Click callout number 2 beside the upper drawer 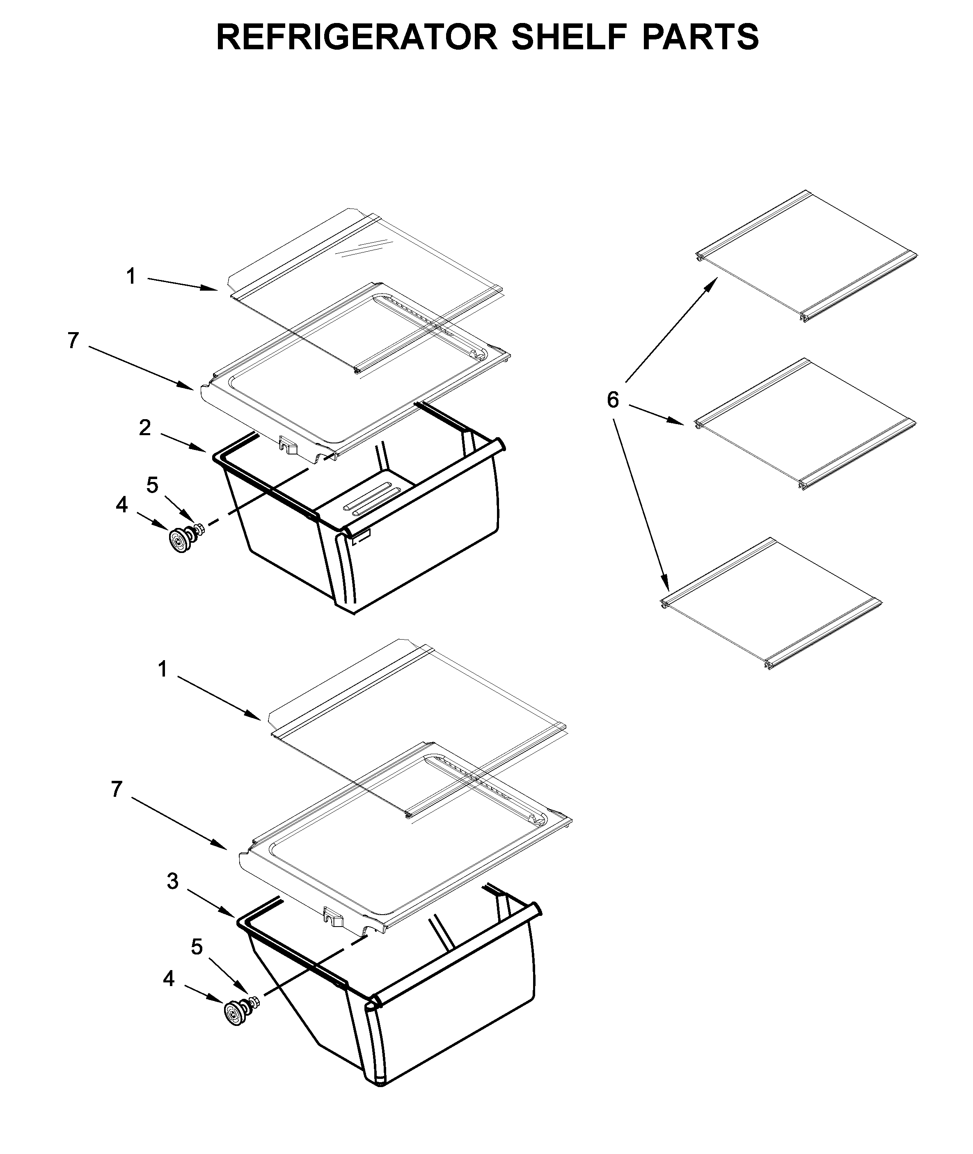tap(144, 428)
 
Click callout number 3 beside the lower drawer tap(173, 881)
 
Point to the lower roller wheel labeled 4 tap(236, 1014)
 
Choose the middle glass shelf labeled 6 tap(805, 425)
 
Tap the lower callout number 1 tap(162, 670)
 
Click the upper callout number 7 tap(73, 340)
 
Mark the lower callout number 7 tap(116, 790)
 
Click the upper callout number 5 tap(152, 485)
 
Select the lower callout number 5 tap(197, 947)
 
